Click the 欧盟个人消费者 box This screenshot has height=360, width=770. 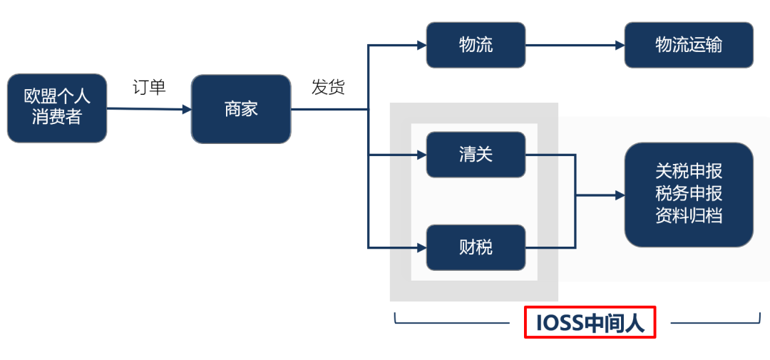[x=57, y=108]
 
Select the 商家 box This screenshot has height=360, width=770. [x=241, y=109]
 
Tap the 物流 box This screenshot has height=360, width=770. [x=476, y=46]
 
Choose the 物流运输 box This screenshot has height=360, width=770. [x=689, y=46]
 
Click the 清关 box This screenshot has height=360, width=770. [x=476, y=154]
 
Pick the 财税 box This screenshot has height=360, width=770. [x=476, y=247]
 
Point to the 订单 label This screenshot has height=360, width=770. [x=149, y=88]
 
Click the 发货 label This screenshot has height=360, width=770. [x=328, y=88]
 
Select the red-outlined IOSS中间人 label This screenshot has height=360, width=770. [x=590, y=323]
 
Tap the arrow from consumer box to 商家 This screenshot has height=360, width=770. [x=149, y=109]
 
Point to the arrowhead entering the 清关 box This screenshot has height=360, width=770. [x=421, y=154]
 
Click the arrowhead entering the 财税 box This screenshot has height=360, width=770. [x=421, y=247]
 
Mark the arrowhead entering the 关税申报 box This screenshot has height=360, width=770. [x=620, y=195]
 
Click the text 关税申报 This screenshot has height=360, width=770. [x=689, y=172]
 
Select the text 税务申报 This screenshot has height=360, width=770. [x=689, y=194]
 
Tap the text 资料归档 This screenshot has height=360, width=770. [x=689, y=216]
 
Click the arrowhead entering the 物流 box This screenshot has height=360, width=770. [x=421, y=46]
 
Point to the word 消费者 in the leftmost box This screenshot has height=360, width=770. [x=57, y=119]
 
